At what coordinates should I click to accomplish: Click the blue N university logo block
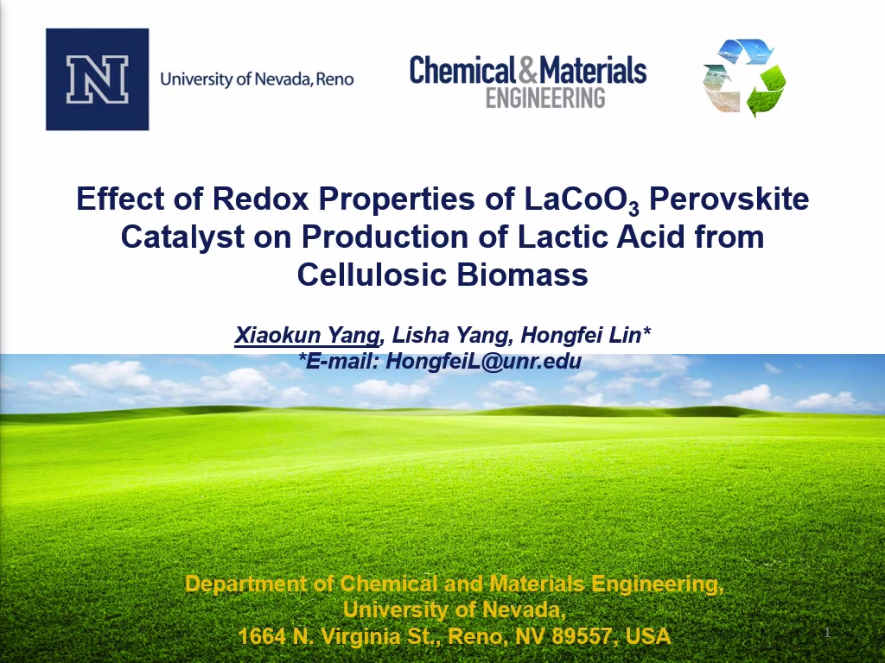[x=97, y=79]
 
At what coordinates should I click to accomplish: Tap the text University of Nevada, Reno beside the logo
[x=257, y=79]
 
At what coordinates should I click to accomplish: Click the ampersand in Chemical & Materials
[x=527, y=69]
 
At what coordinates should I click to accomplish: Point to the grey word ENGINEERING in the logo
[x=545, y=98]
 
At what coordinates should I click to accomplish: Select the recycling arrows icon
[x=744, y=78]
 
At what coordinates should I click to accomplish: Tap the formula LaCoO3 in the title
[x=582, y=199]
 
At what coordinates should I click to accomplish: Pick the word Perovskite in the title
[x=729, y=199]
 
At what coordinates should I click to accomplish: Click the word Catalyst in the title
[x=182, y=237]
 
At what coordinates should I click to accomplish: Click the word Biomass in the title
[x=522, y=275]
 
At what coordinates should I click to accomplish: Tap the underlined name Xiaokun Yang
[x=307, y=335]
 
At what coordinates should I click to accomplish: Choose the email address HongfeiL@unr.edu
[x=483, y=362]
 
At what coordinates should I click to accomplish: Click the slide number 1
[x=827, y=633]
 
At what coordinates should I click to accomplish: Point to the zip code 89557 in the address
[x=582, y=636]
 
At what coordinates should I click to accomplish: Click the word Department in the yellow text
[x=245, y=584]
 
